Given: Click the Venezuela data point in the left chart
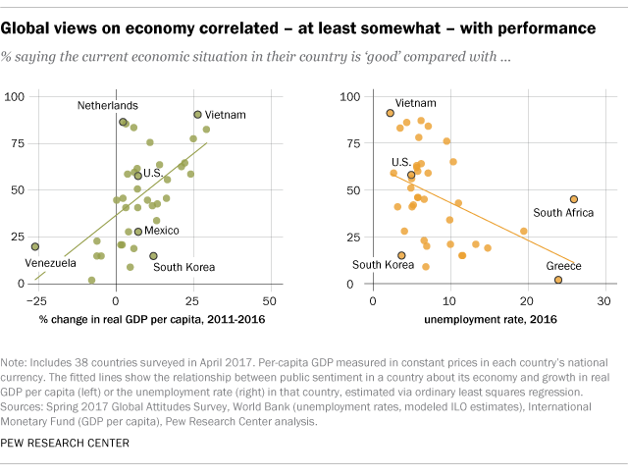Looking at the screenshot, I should tap(35, 246).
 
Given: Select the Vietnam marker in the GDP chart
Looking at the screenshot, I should tap(197, 115).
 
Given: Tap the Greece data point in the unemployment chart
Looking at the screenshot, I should tap(558, 280).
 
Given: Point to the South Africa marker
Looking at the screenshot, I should tap(574, 198).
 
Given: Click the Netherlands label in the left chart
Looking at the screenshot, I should tap(108, 105).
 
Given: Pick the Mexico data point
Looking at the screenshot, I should tap(137, 232).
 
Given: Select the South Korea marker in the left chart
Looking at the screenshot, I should tap(153, 255).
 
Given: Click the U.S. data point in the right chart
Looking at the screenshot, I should tap(411, 175).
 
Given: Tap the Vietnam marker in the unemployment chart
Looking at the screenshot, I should tap(391, 113).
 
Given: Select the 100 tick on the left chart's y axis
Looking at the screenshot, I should tap(15, 96).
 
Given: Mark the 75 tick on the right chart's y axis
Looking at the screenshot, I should tap(346, 143).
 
